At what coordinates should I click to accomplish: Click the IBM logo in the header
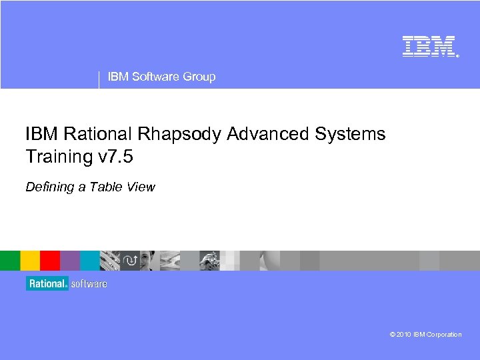click(x=429, y=46)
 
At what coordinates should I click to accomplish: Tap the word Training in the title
click(x=57, y=157)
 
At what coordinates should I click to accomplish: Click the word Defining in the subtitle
click(x=49, y=187)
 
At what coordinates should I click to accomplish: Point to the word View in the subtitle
click(x=141, y=187)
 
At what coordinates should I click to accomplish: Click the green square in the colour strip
click(x=10, y=260)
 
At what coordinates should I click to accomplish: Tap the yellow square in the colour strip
click(x=30, y=260)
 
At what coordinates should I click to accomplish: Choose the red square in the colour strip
click(x=50, y=260)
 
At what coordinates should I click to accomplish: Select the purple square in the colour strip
click(x=70, y=260)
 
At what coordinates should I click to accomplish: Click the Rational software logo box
click(x=67, y=283)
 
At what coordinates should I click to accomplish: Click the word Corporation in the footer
click(x=444, y=335)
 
